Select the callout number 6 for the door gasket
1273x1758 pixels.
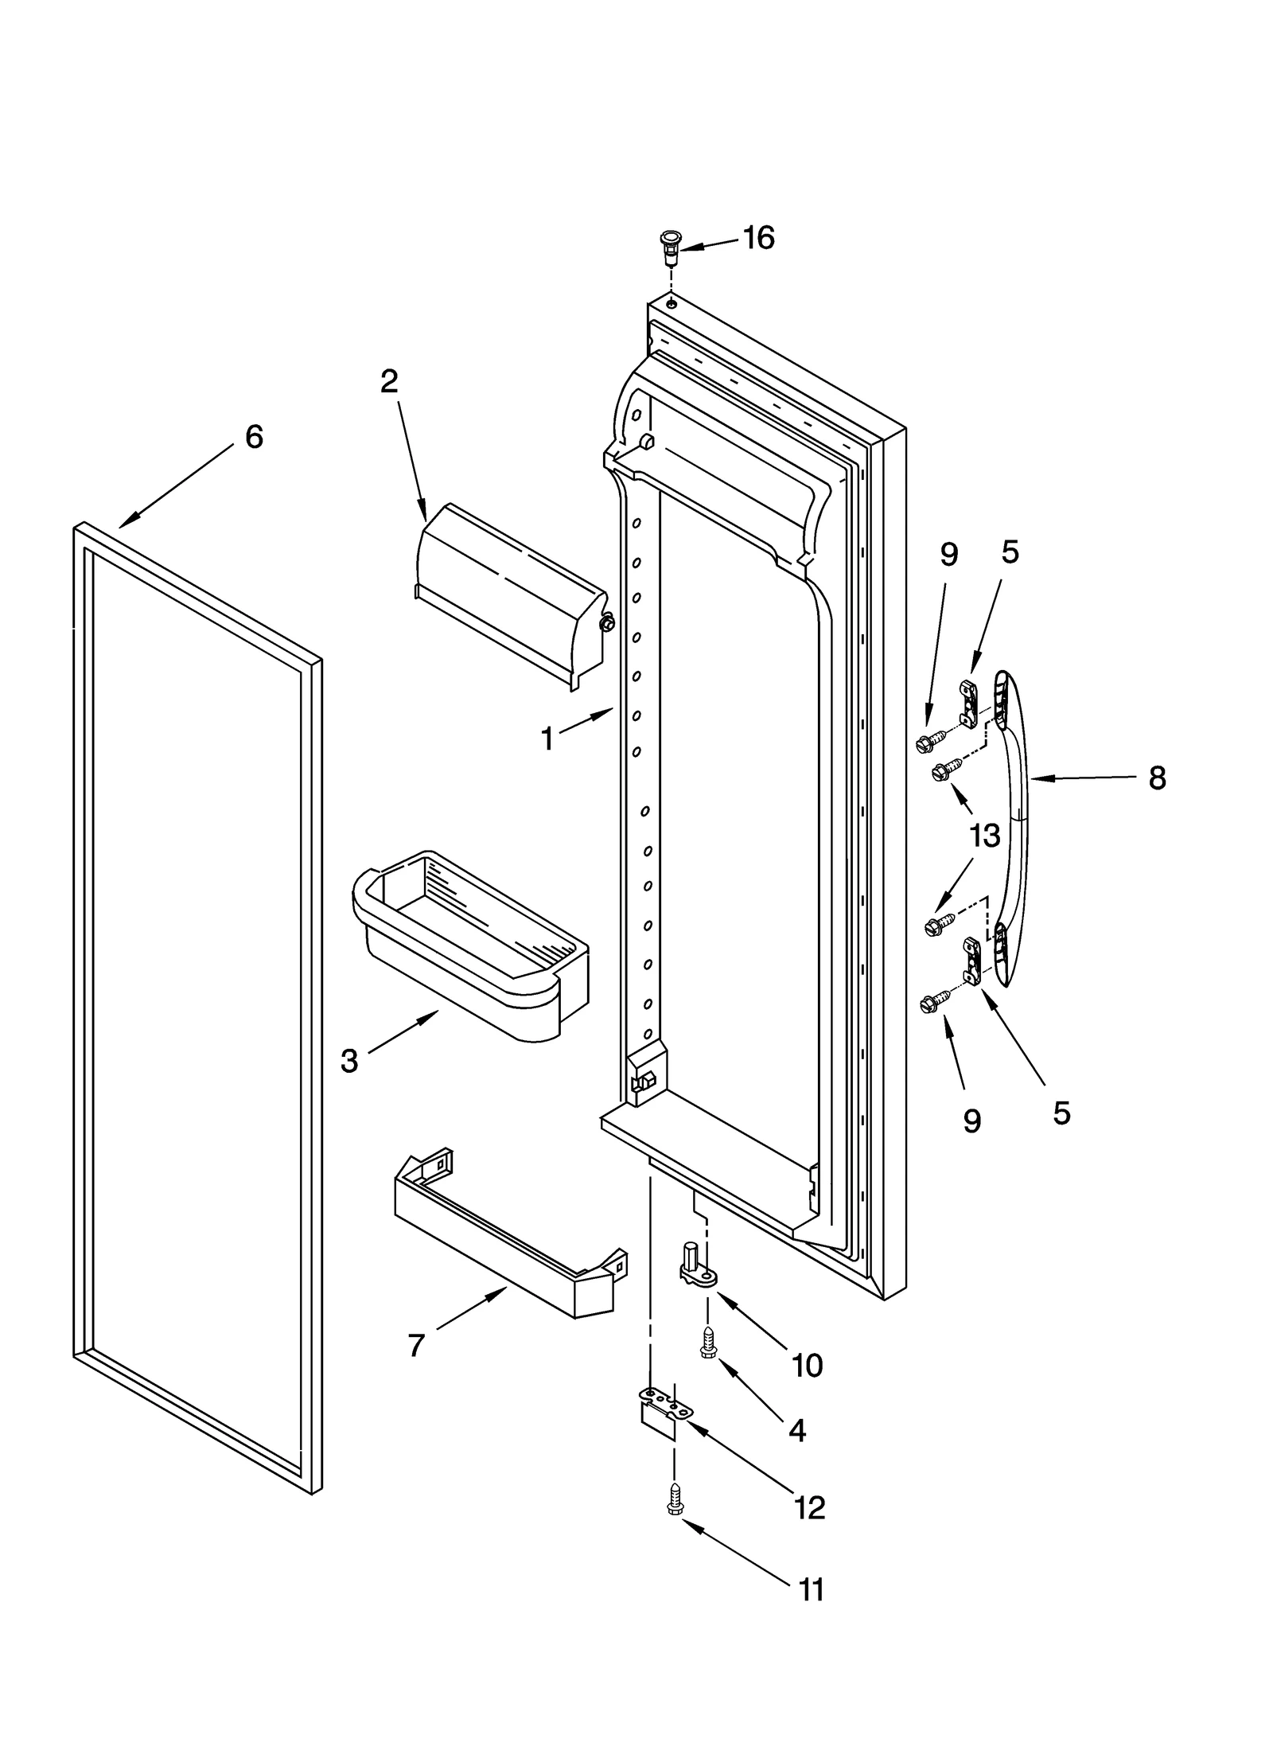click(253, 437)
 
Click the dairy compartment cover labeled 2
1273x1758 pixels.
click(509, 593)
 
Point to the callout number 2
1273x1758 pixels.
click(388, 381)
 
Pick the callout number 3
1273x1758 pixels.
click(349, 1061)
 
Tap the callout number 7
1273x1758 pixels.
click(416, 1345)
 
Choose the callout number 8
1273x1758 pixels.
click(1157, 778)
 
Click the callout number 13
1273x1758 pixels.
click(984, 836)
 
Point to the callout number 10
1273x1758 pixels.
click(807, 1366)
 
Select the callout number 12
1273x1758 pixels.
click(809, 1507)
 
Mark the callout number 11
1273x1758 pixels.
click(811, 1612)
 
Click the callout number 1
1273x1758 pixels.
click(547, 739)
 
